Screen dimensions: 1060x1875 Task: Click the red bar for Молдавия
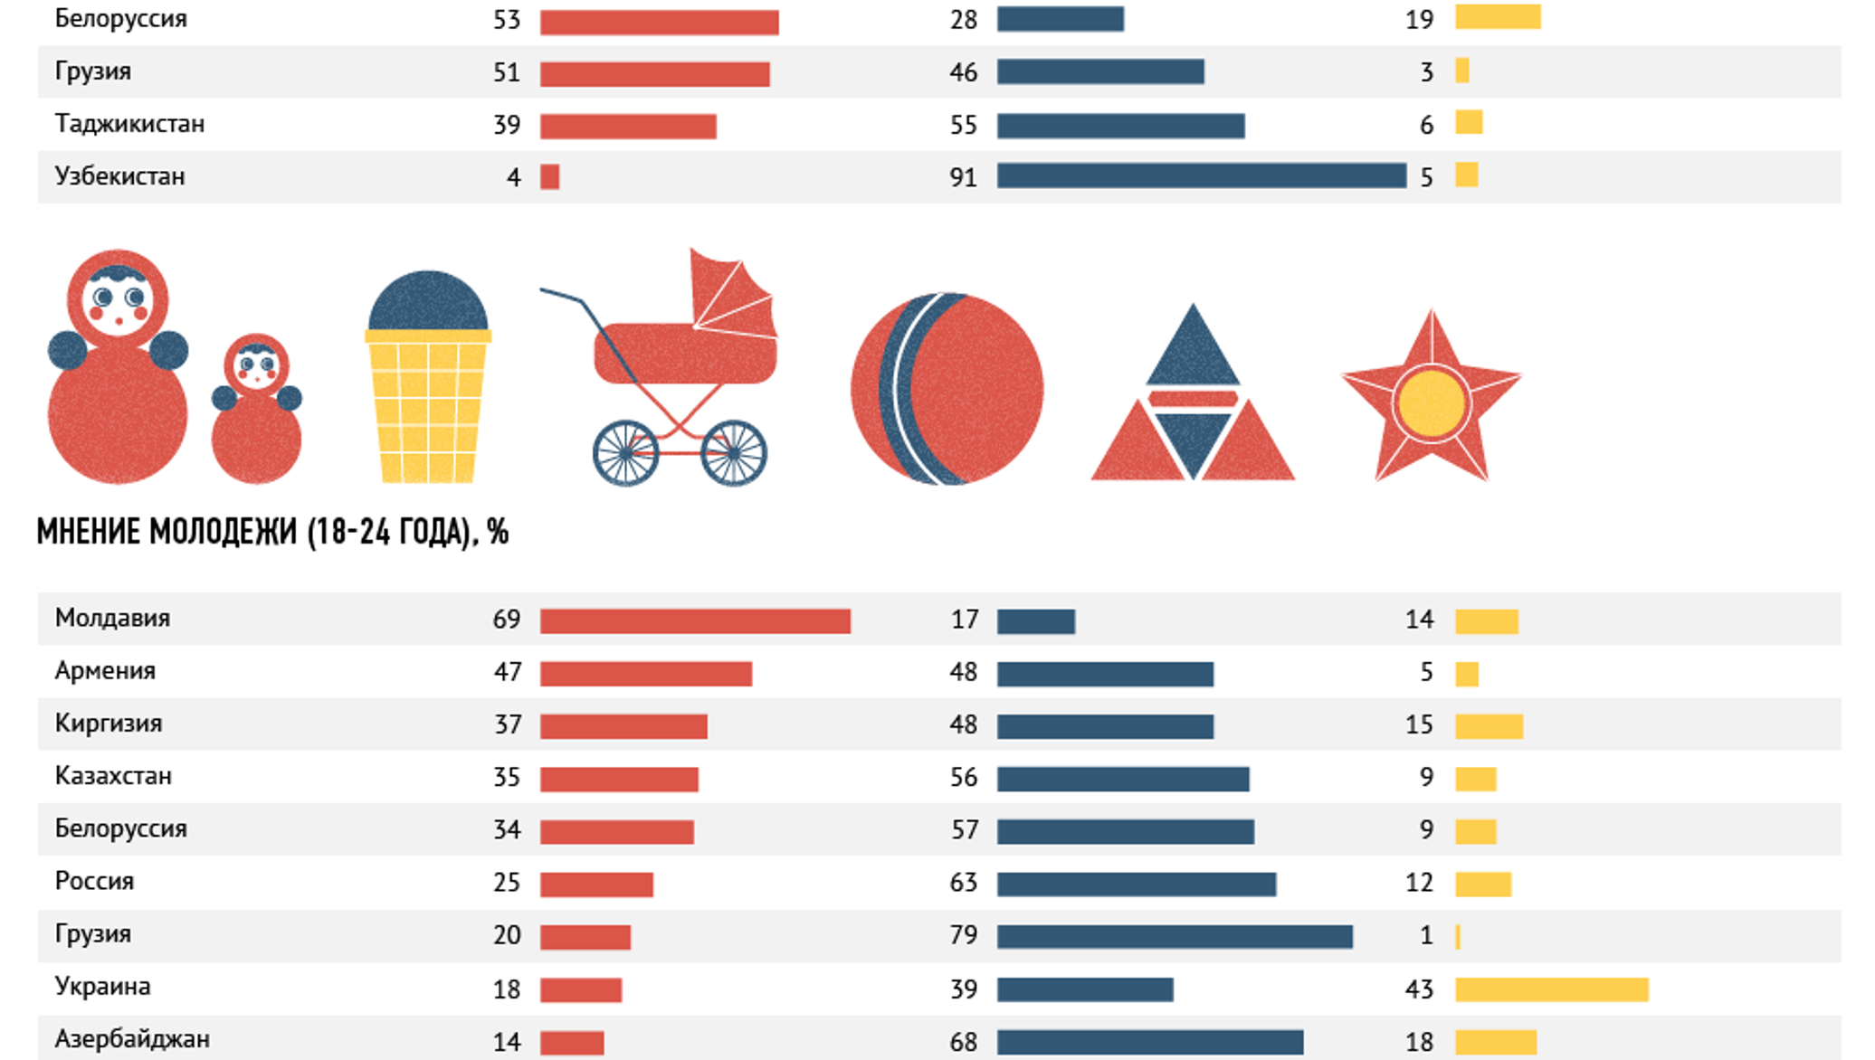pyautogui.click(x=695, y=621)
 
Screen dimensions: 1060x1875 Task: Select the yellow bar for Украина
pyautogui.click(x=1551, y=989)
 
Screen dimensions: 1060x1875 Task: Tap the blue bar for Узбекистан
pyautogui.click(x=1201, y=176)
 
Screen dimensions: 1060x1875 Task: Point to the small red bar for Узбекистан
pyautogui.click(x=549, y=177)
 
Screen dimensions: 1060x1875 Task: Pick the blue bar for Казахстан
pyautogui.click(x=1123, y=779)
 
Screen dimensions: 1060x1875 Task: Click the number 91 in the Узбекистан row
pyautogui.click(x=963, y=177)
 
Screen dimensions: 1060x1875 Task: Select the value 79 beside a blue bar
pyautogui.click(x=963, y=935)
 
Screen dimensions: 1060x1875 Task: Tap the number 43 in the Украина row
pyautogui.click(x=1419, y=989)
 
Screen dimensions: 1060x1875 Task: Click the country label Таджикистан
pyautogui.click(x=129, y=124)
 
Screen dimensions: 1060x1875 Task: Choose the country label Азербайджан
pyautogui.click(x=132, y=1040)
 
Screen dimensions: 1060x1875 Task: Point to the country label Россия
pyautogui.click(x=94, y=882)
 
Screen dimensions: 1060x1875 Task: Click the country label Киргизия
pyautogui.click(x=109, y=724)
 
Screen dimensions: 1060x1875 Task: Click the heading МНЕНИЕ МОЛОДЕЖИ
pyautogui.click(x=271, y=533)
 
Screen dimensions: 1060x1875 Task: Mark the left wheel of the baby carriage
pyautogui.click(x=625, y=453)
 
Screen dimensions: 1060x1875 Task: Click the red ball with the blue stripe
pyautogui.click(x=947, y=389)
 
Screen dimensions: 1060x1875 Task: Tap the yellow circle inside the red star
pyautogui.click(x=1431, y=404)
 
